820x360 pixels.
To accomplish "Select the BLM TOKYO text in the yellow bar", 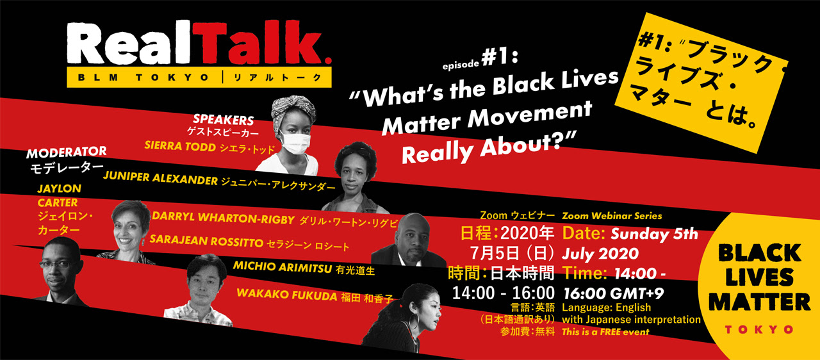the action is (143, 78).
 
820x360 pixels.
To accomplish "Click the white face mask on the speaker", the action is (295, 143).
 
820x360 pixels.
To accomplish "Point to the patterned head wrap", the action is (293, 110).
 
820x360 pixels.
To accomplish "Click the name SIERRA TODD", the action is (180, 146).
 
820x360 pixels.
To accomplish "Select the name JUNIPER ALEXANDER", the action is (160, 178).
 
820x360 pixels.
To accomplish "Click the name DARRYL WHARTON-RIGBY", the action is (224, 218).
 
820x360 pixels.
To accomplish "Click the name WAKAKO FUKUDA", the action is (286, 295).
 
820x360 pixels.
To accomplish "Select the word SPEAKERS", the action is (224, 119).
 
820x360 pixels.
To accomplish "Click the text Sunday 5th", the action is (654, 234).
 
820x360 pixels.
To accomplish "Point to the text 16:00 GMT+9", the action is (614, 293).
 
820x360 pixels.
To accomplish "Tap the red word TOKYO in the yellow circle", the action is (759, 330).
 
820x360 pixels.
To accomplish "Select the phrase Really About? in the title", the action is (489, 149).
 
